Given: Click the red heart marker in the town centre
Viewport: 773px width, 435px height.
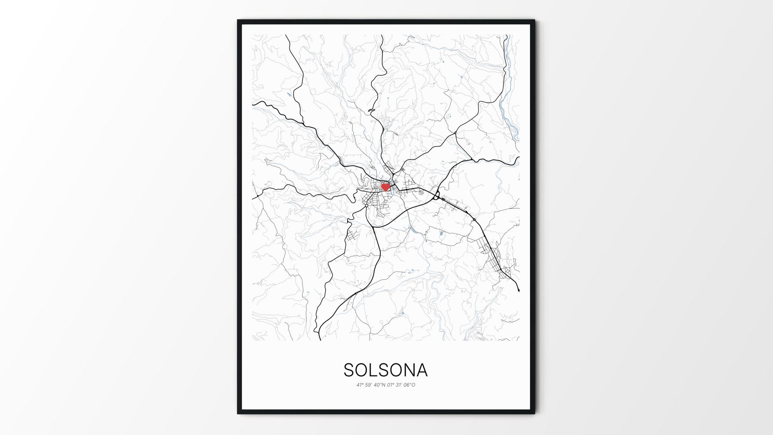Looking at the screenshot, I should (385, 187).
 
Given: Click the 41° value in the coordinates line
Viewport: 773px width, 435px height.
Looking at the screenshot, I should (360, 385).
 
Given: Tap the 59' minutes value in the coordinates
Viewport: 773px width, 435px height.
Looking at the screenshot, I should (370, 385).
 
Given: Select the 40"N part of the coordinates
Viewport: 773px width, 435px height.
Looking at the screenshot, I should (380, 385).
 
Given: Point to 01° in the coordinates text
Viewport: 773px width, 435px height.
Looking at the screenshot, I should (391, 385).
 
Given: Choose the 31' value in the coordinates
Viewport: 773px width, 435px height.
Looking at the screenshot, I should (399, 385).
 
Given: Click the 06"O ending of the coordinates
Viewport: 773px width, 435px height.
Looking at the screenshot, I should (409, 385).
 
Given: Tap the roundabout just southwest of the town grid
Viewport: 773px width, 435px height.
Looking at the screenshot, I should (366, 205).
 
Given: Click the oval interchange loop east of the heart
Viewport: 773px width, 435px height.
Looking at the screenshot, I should (436, 197).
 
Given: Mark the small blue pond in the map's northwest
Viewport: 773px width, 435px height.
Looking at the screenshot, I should (289, 95).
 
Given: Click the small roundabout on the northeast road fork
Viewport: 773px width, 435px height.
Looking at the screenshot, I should (455, 133).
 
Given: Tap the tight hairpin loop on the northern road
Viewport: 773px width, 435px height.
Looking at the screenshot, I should (371, 110).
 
